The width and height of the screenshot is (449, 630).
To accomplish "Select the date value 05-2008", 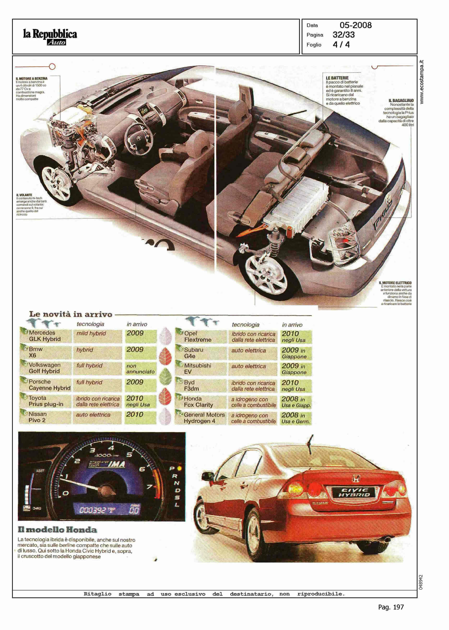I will click(355, 25).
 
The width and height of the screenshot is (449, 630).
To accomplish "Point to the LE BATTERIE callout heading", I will click(337, 78).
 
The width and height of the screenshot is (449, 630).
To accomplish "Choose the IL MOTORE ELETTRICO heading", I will click(395, 283).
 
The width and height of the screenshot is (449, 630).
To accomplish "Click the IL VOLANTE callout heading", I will click(24, 195).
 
